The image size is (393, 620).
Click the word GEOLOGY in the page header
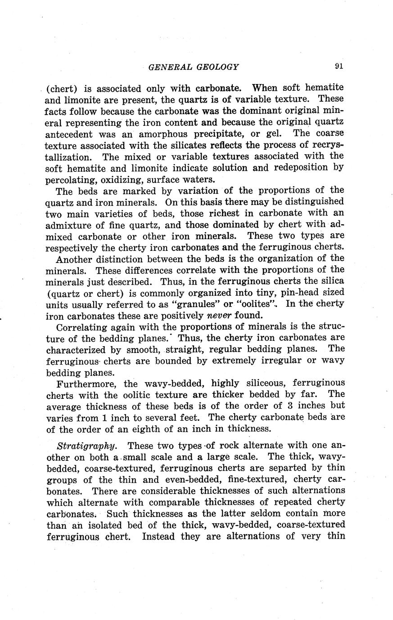pyautogui.click(x=217, y=67)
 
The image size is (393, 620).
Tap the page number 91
pyautogui.click(x=339, y=66)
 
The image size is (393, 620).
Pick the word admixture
pyautogui.click(x=70, y=224)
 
